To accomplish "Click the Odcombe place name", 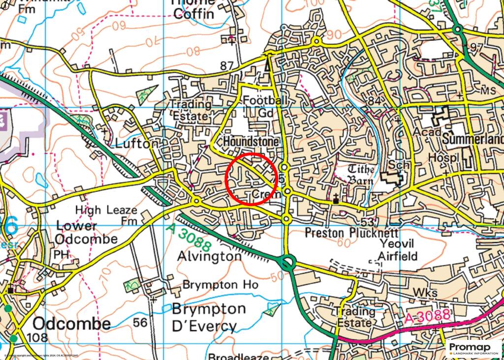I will point(72,324).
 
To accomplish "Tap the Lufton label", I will point(137,144).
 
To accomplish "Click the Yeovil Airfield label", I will point(398,250).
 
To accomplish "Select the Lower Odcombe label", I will point(86,233).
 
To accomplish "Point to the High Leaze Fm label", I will point(106,215).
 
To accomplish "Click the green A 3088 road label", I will point(189,238).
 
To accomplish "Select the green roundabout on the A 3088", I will point(286,263).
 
